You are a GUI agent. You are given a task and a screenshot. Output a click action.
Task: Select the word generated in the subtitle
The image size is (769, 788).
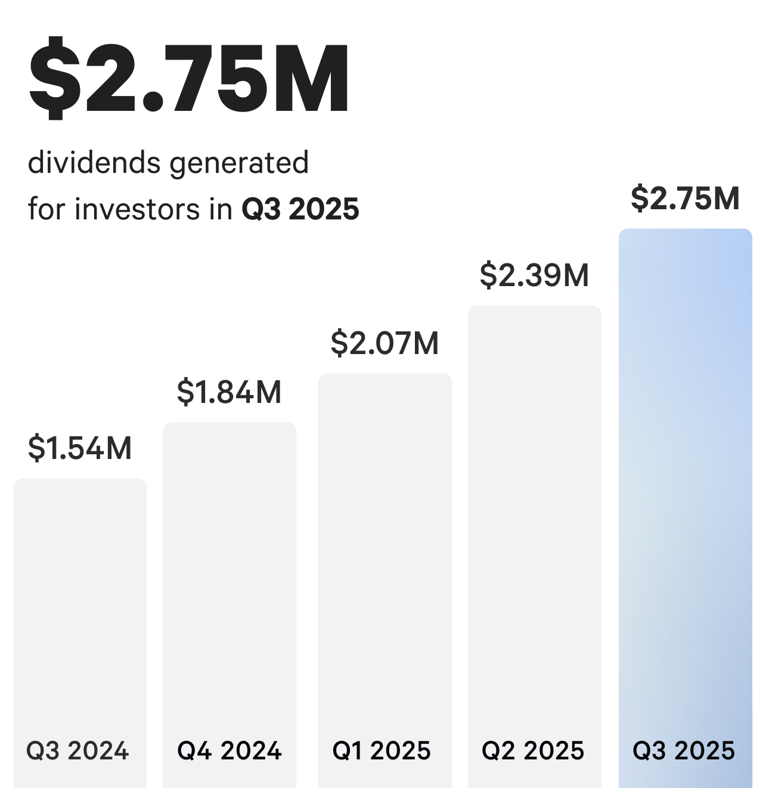click(240, 163)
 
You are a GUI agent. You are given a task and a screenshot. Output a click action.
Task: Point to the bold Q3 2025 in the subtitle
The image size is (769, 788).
click(300, 209)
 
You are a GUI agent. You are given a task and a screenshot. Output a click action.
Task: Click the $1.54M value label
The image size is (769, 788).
click(80, 448)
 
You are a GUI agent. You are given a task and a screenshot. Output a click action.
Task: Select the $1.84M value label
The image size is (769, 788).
click(229, 392)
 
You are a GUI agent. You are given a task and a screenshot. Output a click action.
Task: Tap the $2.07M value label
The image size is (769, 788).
click(384, 343)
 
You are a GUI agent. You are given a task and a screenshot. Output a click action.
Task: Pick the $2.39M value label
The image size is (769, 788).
click(534, 275)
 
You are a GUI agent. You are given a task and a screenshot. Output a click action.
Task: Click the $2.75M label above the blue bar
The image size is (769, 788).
click(685, 198)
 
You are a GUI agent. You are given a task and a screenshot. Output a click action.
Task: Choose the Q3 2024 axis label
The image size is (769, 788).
click(77, 750)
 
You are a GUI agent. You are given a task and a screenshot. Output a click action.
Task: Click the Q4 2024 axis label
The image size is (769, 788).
click(230, 750)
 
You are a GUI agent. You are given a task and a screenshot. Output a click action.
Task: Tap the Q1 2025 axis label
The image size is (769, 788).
click(382, 750)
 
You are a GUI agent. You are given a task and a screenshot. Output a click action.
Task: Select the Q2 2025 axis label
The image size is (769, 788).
click(533, 750)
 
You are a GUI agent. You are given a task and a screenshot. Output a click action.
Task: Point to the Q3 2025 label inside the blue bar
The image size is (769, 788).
click(684, 750)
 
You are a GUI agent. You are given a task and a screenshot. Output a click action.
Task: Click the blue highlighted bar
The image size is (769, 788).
click(685, 477)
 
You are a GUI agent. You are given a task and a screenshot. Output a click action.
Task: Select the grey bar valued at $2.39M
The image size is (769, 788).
click(535, 507)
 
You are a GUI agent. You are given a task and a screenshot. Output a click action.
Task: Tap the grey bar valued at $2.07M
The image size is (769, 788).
click(385, 536)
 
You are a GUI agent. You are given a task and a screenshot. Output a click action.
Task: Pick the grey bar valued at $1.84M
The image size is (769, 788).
click(230, 566)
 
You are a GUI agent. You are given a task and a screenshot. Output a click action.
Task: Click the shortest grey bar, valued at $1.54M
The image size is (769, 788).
click(80, 596)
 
